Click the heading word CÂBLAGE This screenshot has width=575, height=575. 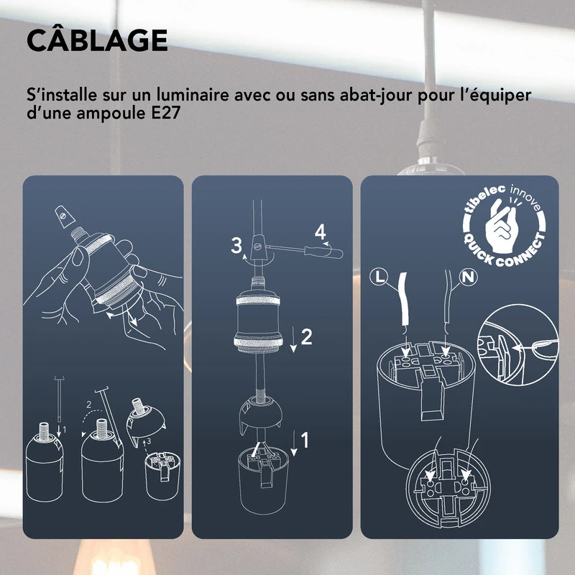[96, 41]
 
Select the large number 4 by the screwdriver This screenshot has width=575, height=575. [320, 232]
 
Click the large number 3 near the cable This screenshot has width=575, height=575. [236, 245]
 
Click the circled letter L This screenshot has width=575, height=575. [381, 276]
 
